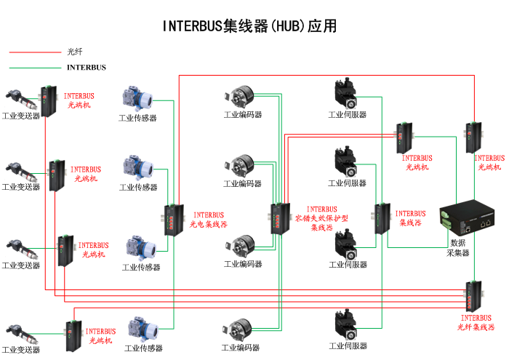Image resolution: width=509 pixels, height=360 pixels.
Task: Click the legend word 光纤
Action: click(x=75, y=52)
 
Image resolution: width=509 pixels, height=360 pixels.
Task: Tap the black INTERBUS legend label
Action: click(x=86, y=68)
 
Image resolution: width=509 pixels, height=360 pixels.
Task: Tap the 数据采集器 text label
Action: click(x=458, y=248)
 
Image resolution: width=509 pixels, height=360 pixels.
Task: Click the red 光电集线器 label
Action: click(x=209, y=220)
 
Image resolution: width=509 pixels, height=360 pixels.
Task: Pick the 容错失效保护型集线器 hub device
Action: click(x=279, y=217)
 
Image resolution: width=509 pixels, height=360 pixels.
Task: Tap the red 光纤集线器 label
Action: click(x=476, y=322)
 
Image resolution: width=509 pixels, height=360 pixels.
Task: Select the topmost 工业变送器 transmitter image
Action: click(x=18, y=99)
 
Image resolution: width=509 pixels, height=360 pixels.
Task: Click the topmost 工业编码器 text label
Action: click(x=242, y=115)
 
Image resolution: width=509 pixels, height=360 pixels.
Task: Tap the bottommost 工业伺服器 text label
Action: click(x=347, y=346)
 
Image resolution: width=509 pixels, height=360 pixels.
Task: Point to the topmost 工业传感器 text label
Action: click(x=137, y=118)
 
